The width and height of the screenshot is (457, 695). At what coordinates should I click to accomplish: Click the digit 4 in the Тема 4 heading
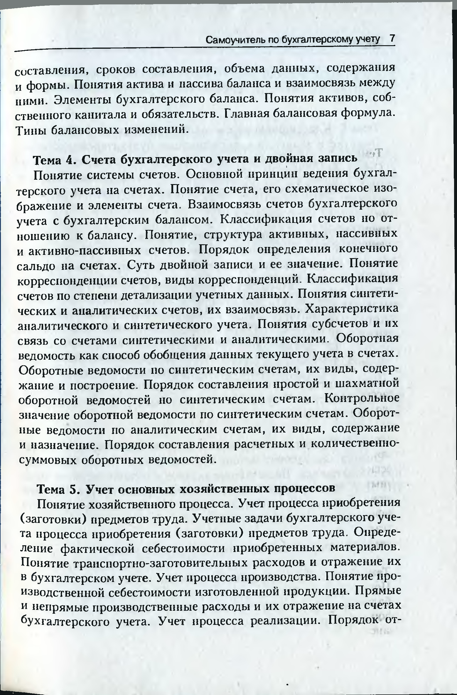coord(70,159)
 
